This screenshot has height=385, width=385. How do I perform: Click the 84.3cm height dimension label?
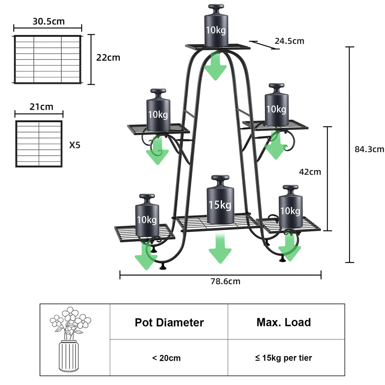[369, 149]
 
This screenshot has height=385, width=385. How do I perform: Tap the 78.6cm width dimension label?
[225, 282]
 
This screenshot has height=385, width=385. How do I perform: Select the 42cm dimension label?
[310, 172]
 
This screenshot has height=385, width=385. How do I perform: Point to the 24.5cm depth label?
[289, 41]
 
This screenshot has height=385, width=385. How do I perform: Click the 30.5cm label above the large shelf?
[49, 21]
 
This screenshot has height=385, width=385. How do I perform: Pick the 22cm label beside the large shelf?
[108, 58]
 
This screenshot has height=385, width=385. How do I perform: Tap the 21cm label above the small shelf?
[42, 107]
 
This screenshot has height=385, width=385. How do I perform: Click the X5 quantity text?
[75, 145]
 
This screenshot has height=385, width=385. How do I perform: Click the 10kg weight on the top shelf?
[216, 27]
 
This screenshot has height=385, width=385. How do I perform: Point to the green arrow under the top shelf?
[215, 66]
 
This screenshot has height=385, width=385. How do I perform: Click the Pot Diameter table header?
[169, 323]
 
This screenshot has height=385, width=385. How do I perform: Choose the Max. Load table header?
[284, 323]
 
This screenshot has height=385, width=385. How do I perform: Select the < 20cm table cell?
[166, 358]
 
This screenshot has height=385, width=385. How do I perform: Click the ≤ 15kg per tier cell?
[283, 358]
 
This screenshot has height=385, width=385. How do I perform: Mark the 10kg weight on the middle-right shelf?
[277, 106]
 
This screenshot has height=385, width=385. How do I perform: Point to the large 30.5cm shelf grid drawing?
[47, 59]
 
